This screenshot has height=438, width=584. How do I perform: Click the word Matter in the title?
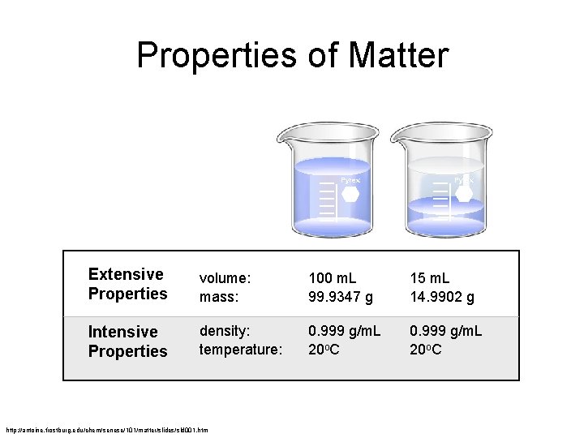398,56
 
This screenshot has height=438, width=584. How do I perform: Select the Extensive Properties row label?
127,284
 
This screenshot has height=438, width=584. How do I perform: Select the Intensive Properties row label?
127,341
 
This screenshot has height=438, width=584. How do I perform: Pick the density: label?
226,332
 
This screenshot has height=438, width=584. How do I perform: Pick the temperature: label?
241,351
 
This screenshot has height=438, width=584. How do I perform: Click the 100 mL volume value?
333,277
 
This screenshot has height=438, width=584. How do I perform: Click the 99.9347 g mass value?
341,297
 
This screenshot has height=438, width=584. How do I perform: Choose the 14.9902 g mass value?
442,297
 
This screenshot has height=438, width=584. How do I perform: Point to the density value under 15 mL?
446,332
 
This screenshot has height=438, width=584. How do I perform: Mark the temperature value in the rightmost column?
426,351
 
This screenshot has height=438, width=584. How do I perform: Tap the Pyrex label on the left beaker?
349,180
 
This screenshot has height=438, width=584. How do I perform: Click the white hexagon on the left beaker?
350,194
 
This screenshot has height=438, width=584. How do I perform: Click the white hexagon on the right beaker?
465,193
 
